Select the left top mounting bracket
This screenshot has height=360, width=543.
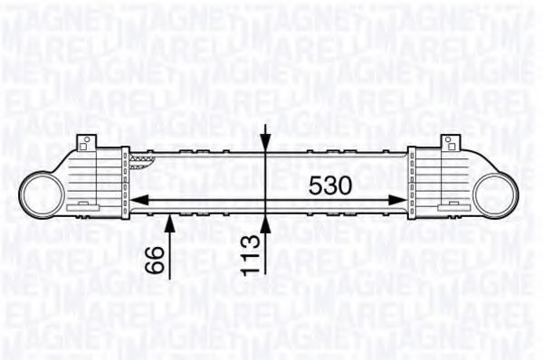tap(86, 143)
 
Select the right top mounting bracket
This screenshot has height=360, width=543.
tap(450, 143)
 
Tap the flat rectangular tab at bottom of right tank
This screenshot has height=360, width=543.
tap(452, 207)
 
